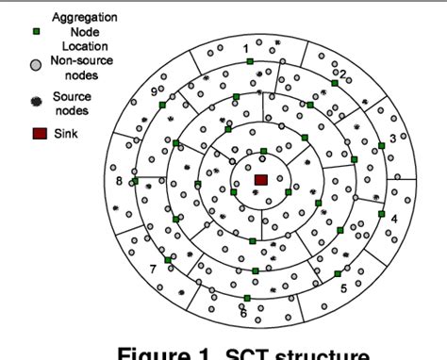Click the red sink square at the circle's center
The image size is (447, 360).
pos(261,179)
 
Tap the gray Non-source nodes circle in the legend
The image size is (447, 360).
pos(34,64)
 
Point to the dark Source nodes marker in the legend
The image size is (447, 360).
pos(35,98)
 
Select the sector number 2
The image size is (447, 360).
pos(343,74)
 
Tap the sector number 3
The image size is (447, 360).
pos(392,139)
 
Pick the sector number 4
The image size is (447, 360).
pos(394,219)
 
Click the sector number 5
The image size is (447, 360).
pos(343,288)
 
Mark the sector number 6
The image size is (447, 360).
pos(243,312)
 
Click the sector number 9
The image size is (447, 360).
pos(153,92)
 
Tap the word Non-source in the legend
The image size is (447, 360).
pos(82,61)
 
